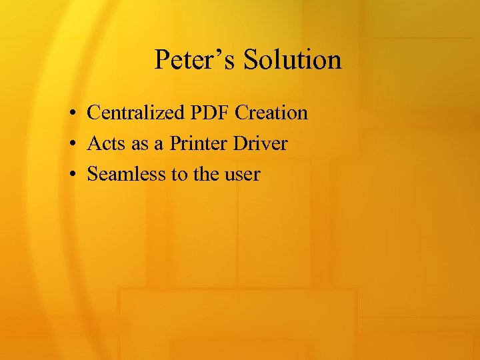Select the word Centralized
tap(138, 113)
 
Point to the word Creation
tap(273, 113)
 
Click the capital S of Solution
tap(250, 59)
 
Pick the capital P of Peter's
tap(161, 59)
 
